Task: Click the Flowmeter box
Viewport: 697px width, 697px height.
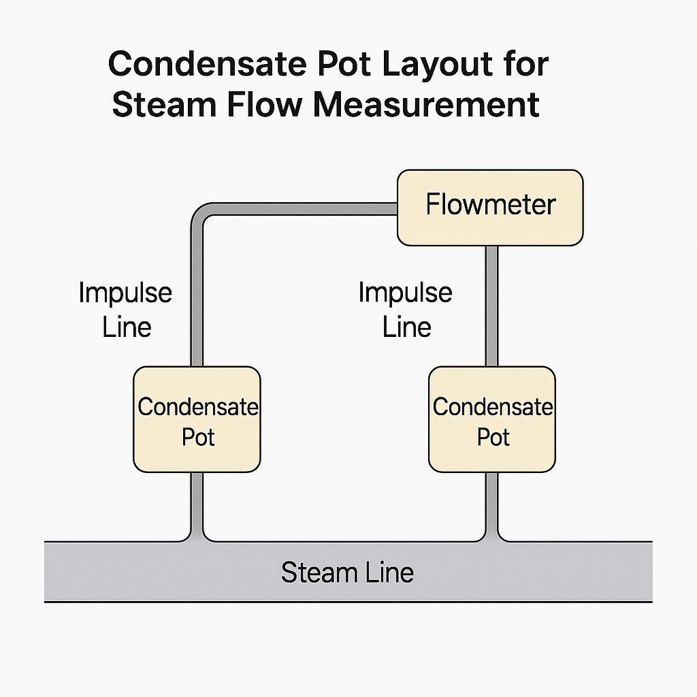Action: click(x=490, y=207)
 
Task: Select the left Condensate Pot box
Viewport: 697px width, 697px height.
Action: click(x=197, y=419)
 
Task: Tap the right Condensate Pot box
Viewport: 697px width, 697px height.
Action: click(x=492, y=419)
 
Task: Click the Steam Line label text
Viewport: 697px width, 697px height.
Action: click(x=347, y=572)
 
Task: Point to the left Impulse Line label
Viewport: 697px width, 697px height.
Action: click(x=126, y=310)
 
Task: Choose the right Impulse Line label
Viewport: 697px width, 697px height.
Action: click(x=406, y=310)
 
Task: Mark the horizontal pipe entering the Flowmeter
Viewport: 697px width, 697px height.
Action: click(x=299, y=208)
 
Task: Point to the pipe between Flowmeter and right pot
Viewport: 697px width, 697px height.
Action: click(x=491, y=306)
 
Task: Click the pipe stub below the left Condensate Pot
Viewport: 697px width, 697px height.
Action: click(x=197, y=504)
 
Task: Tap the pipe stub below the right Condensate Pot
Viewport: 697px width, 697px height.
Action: click(x=491, y=504)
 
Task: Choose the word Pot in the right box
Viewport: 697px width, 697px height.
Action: click(x=493, y=436)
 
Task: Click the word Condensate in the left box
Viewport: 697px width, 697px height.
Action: click(x=198, y=407)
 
